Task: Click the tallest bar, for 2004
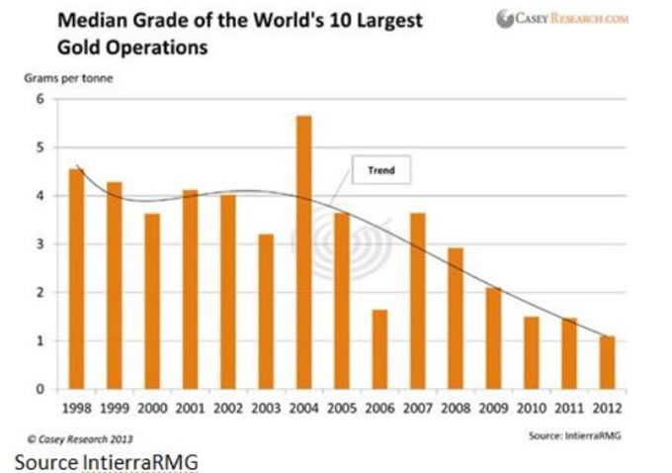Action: [303, 252]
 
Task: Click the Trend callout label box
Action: [380, 171]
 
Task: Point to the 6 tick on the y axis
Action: [41, 99]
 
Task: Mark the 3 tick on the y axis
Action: [41, 244]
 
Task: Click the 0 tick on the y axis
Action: [41, 390]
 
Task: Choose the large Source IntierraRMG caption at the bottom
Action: [107, 460]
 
